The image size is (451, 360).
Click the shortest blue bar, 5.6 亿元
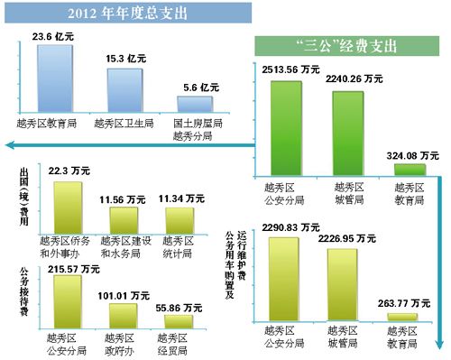(x=195, y=104)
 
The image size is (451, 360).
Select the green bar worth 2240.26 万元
(x=348, y=118)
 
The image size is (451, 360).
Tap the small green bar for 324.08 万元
(x=411, y=169)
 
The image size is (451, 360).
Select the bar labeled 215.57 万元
(x=69, y=300)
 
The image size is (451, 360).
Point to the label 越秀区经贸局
(x=178, y=344)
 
